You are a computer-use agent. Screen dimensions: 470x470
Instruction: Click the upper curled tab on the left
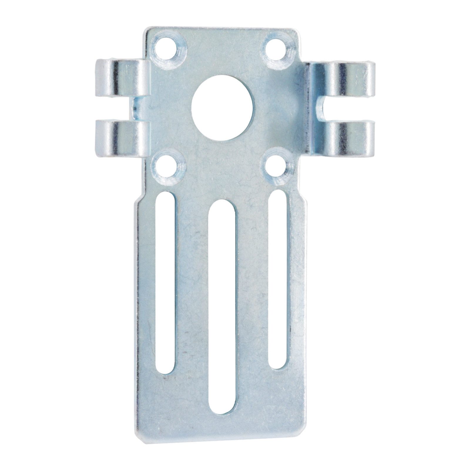122,77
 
